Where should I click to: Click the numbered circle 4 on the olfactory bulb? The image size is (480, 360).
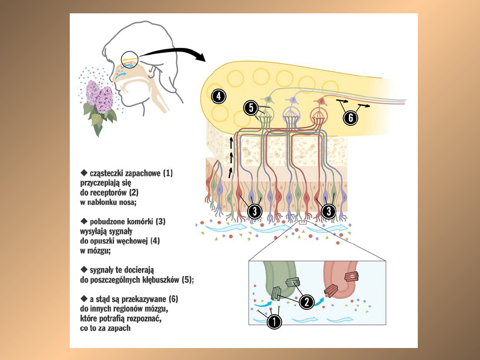pos(219,96)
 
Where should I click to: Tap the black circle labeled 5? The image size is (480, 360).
pos(251,107)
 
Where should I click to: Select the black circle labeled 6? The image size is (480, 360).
pos(351,117)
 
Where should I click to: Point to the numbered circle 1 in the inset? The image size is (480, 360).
pos(274,321)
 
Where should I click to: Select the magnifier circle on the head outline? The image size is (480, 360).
pos(129,60)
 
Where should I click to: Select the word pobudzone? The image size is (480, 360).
pos(113,221)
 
